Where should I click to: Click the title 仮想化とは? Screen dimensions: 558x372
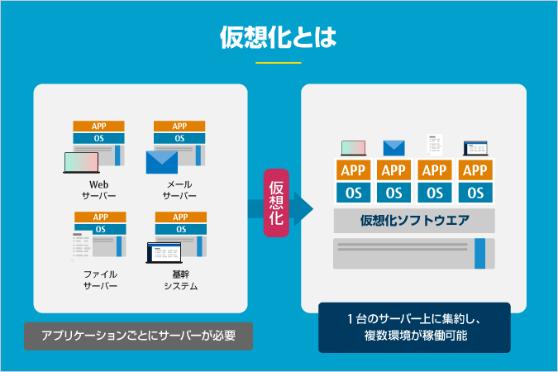point(279,37)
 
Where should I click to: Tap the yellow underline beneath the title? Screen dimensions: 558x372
point(279,63)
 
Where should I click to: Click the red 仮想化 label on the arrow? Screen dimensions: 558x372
point(276,203)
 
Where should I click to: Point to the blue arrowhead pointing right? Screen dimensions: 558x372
point(303,209)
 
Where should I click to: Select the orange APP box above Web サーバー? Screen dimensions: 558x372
point(98,126)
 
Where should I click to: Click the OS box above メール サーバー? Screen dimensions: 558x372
point(179,138)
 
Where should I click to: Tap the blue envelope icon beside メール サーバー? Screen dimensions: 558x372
point(162,162)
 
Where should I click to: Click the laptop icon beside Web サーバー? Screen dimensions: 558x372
point(81,163)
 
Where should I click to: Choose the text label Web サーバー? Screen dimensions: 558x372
point(98,190)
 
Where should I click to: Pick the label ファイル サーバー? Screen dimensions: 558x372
point(100,279)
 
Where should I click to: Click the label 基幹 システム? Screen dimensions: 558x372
point(181,279)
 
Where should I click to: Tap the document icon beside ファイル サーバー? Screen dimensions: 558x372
point(82,246)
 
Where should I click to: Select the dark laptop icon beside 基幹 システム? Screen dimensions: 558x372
point(164,253)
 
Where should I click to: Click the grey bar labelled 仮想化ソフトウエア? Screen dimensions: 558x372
point(414,221)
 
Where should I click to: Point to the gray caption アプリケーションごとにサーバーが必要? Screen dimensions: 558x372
point(138,336)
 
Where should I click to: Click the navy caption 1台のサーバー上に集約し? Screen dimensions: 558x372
point(415,319)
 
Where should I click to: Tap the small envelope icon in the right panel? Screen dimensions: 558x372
point(394,148)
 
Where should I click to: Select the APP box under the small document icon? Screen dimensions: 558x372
point(435,170)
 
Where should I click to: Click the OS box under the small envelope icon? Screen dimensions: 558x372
point(394,193)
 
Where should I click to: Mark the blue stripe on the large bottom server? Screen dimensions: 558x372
point(479,254)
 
